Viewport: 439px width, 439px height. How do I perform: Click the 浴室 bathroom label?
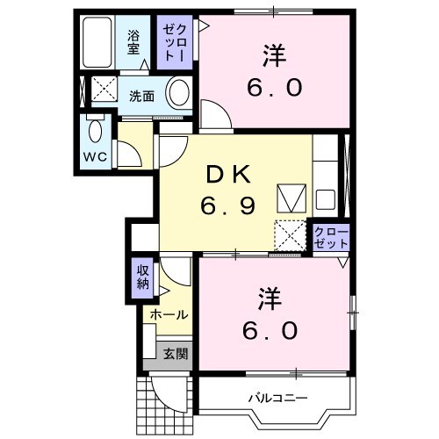[133, 43]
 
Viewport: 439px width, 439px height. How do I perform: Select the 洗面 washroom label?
[140, 96]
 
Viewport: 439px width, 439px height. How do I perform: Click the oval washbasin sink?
[179, 93]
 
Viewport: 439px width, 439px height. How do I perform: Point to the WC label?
[95, 156]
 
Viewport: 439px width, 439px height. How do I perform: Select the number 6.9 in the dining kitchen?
[230, 206]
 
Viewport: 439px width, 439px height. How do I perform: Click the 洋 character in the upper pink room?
[272, 55]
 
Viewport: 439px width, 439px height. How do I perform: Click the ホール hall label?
[168, 314]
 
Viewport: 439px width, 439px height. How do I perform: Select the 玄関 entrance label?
[175, 354]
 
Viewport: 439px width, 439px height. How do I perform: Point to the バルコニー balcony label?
[277, 398]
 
